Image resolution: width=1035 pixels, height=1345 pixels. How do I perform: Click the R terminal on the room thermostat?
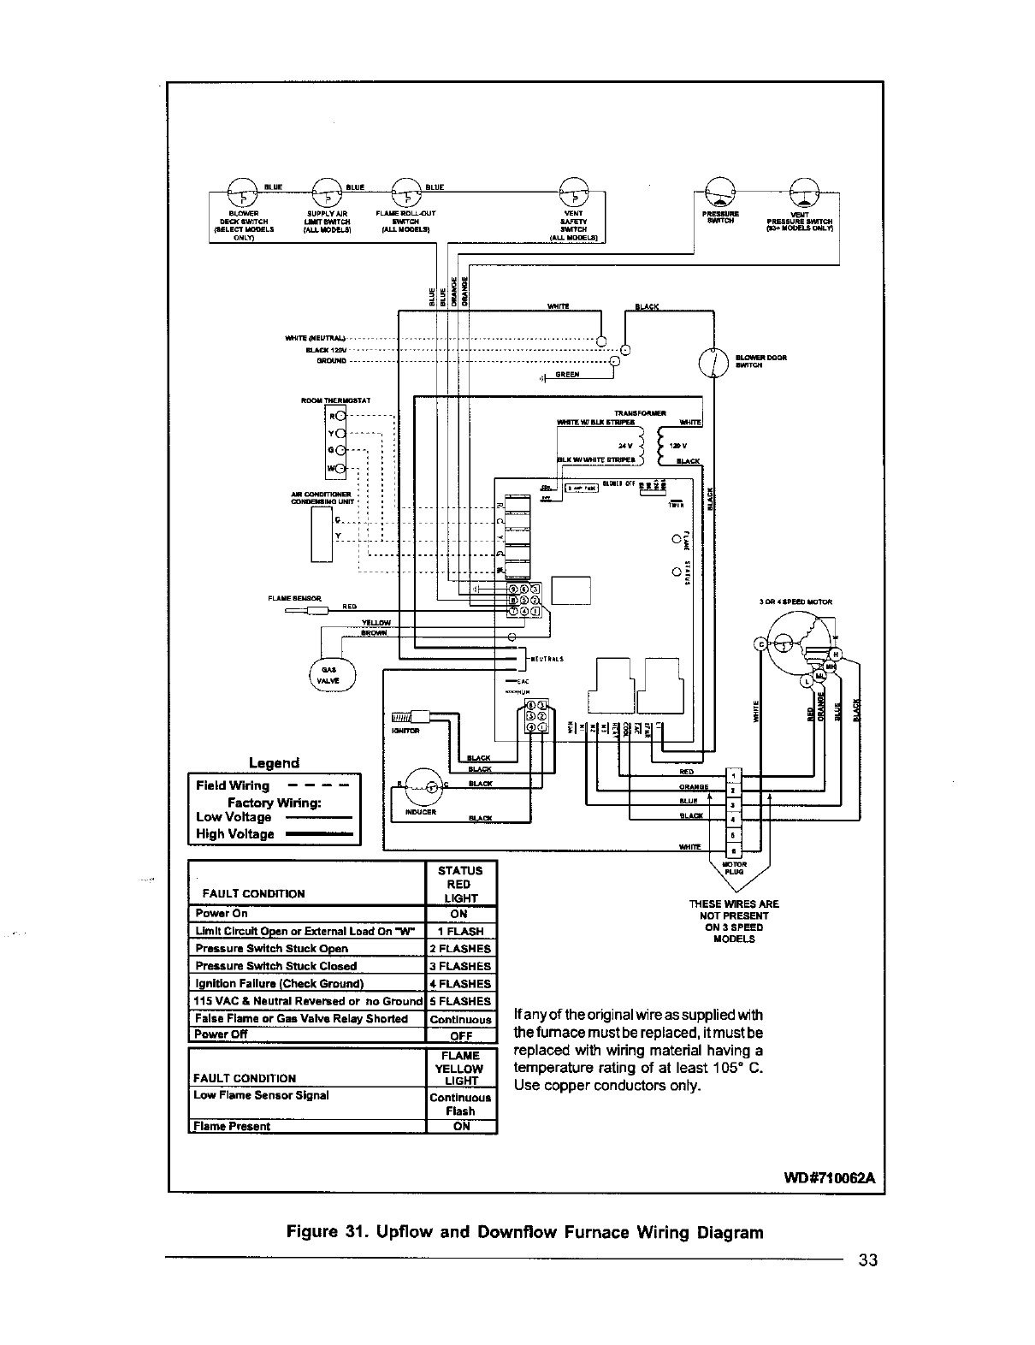click(339, 417)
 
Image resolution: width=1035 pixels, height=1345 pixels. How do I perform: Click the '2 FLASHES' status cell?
click(460, 949)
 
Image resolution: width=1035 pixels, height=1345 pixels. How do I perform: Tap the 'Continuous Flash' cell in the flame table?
click(460, 1104)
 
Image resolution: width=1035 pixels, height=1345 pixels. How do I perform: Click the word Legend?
click(274, 763)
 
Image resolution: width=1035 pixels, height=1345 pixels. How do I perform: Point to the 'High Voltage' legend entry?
click(235, 834)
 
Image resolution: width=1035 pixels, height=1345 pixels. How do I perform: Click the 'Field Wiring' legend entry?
click(233, 785)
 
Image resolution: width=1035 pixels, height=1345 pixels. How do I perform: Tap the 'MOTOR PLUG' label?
click(735, 868)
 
